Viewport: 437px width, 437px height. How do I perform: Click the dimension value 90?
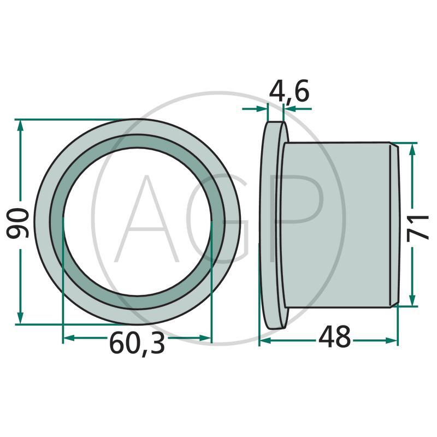(17, 223)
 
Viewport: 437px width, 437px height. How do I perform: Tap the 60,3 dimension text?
(137, 344)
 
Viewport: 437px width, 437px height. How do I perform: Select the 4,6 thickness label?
(289, 91)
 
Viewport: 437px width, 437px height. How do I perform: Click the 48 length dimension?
(334, 337)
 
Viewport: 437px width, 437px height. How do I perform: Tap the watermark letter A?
(146, 219)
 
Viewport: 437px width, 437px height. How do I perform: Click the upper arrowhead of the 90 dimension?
(20, 127)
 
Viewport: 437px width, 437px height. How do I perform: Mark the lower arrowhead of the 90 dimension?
(20, 318)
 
